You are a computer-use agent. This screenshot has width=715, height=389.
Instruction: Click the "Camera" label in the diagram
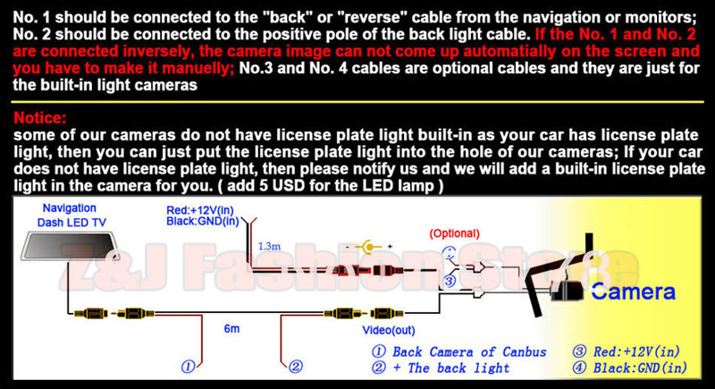point(633,291)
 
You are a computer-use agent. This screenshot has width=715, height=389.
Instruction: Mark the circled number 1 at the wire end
point(188,366)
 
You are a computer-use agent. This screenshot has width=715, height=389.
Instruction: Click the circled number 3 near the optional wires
point(450,280)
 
